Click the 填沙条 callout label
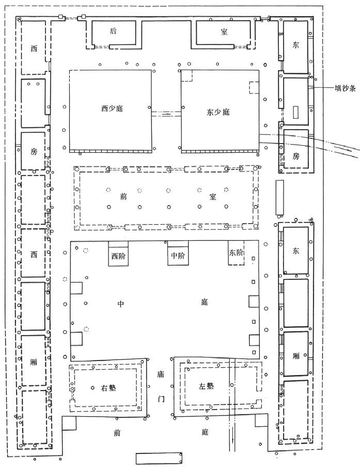(344, 88)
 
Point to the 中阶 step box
(177, 255)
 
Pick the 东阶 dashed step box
(236, 254)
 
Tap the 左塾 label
(206, 386)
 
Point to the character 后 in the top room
(114, 32)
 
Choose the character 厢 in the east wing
(296, 356)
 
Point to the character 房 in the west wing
(34, 151)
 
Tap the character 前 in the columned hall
(122, 196)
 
